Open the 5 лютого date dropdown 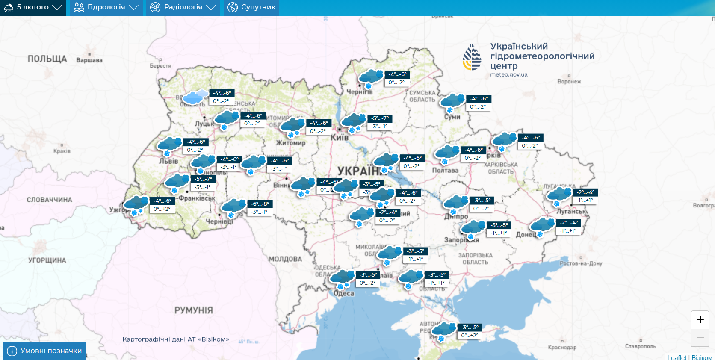pyautogui.click(x=33, y=7)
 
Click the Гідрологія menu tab pyautogui.click(x=106, y=7)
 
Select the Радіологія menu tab pyautogui.click(x=183, y=7)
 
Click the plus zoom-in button pyautogui.click(x=700, y=320)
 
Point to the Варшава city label pyautogui.click(x=89, y=60)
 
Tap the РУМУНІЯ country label pyautogui.click(x=193, y=310)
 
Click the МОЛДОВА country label pyautogui.click(x=285, y=259)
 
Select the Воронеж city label pyautogui.click(x=569, y=81)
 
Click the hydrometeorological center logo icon pyautogui.click(x=472, y=57)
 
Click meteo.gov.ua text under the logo pyautogui.click(x=509, y=75)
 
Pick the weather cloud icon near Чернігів pyautogui.click(x=370, y=77)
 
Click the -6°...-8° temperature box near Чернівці pyautogui.click(x=260, y=204)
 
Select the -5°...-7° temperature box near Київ pyautogui.click(x=380, y=118)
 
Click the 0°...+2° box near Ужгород pyautogui.click(x=162, y=209)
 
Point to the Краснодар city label pyautogui.click(x=562, y=347)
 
